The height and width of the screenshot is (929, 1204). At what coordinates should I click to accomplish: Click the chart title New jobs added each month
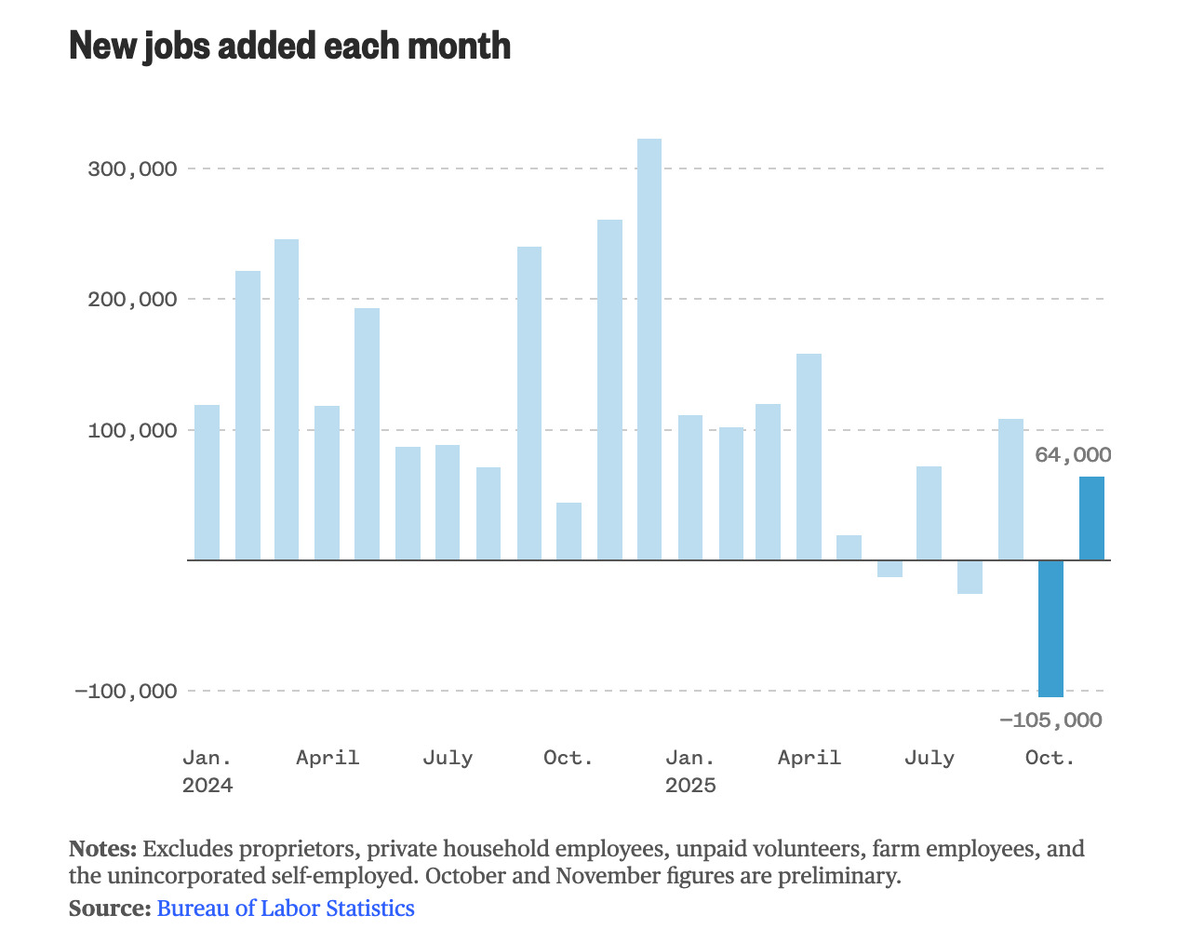[x=289, y=46]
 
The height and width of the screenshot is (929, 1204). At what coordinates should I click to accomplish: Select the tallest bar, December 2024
[x=649, y=349]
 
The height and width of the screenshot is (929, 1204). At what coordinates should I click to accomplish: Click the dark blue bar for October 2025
[x=1050, y=628]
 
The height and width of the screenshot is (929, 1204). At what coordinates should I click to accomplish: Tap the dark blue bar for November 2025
[x=1091, y=518]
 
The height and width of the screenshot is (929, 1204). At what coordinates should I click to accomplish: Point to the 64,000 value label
[x=1073, y=455]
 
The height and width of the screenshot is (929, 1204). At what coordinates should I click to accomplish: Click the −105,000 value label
[x=1050, y=720]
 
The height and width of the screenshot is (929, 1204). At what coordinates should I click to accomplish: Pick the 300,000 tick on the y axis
[x=131, y=169]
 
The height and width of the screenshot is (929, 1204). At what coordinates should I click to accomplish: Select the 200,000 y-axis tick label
[x=131, y=300]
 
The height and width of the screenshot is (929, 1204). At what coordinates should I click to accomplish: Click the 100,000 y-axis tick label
[x=131, y=430]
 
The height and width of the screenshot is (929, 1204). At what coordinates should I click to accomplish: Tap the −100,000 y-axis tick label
[x=126, y=691]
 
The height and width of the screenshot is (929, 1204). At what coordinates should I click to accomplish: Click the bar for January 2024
[x=207, y=482]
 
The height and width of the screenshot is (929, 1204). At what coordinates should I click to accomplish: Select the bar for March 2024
[x=287, y=399]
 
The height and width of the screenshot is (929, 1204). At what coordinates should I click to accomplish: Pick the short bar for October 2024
[x=569, y=532]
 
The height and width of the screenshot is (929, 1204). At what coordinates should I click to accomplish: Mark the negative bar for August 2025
[x=970, y=577]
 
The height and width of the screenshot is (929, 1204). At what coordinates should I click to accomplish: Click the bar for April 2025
[x=809, y=456]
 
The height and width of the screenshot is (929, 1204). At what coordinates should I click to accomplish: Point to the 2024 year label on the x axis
[x=207, y=786]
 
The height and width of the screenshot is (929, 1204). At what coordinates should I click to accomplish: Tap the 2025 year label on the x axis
[x=690, y=786]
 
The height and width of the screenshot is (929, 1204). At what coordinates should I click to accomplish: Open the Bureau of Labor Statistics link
[x=286, y=909]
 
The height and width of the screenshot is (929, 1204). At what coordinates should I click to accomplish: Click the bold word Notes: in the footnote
[x=102, y=849]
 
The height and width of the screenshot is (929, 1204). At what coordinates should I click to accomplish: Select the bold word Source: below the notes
[x=109, y=909]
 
